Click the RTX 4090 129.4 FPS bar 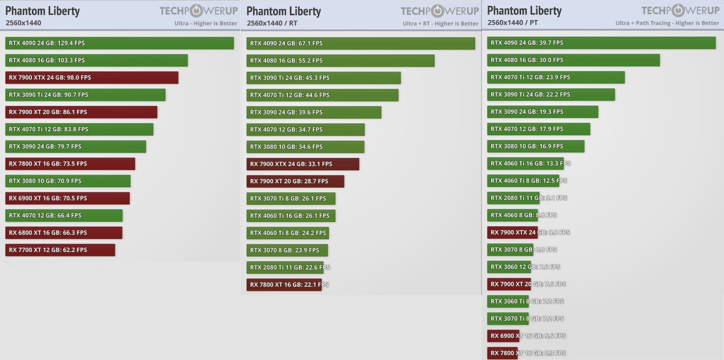(119, 43)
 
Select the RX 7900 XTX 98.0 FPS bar (92, 77)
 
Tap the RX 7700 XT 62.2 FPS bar (60, 250)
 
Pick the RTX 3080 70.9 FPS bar (68, 181)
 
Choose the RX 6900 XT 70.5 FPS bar (67, 198)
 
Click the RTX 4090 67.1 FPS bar (361, 43)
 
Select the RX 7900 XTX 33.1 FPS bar (303, 164)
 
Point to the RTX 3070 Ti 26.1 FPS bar (291, 199)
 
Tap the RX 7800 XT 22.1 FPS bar (284, 285)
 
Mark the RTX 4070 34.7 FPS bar (305, 130)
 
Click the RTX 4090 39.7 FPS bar (601, 43)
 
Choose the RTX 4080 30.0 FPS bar (573, 60)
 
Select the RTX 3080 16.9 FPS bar (536, 146)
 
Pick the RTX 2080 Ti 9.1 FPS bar (513, 198)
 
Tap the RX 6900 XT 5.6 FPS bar (503, 336)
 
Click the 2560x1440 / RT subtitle (272, 23)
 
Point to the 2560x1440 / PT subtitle (513, 23)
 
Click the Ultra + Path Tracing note (667, 23)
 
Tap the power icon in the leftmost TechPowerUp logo (196, 11)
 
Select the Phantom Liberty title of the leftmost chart (43, 11)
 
